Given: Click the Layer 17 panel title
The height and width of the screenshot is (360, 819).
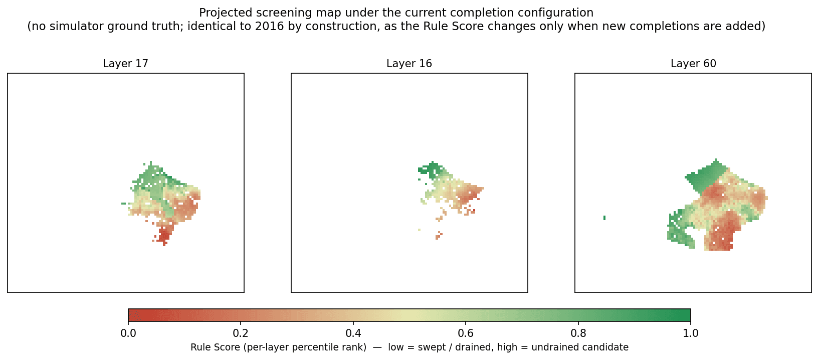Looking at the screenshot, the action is (125, 64).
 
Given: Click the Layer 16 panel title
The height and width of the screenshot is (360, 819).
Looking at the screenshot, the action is (409, 64).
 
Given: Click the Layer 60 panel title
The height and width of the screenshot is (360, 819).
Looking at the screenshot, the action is (693, 64).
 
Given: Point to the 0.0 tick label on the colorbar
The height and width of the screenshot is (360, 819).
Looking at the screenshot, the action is (128, 333).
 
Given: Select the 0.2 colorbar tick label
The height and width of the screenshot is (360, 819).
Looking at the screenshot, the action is (241, 333).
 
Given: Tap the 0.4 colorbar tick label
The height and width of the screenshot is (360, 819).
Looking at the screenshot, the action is (353, 333).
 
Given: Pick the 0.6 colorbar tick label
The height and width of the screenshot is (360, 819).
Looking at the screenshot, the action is (466, 333).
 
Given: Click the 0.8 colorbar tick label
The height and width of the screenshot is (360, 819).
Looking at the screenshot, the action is (578, 333).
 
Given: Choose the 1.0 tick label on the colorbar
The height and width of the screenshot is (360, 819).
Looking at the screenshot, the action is (690, 333).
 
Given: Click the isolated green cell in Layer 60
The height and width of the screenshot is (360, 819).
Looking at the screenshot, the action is (604, 218).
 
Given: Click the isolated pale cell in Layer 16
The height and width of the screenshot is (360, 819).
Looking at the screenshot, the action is (419, 230).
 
